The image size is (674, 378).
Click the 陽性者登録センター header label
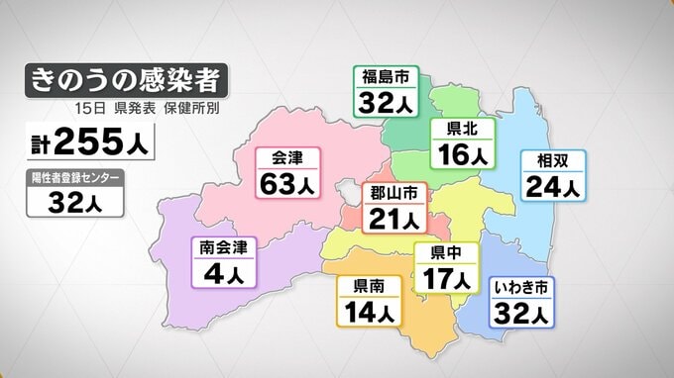click(75, 177)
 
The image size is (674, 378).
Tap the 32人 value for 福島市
click(387, 104)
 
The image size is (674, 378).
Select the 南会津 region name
click(223, 245)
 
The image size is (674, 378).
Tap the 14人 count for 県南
click(371, 312)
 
